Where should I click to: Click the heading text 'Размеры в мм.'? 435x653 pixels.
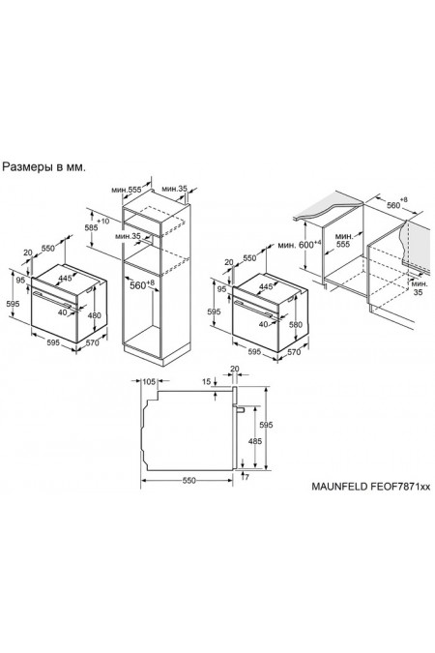[x=44, y=167]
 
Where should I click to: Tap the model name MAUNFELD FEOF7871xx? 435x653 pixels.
[x=371, y=487]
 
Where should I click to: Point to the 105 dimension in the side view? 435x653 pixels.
[x=149, y=381]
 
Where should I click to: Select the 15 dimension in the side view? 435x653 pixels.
[x=207, y=381]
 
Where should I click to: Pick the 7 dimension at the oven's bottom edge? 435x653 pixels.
[x=246, y=477]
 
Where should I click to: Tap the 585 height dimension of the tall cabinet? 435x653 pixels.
[x=91, y=227]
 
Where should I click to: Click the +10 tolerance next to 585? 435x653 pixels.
[x=102, y=221]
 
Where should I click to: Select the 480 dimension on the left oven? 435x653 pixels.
[x=94, y=315]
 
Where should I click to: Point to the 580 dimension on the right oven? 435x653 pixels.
[x=295, y=323]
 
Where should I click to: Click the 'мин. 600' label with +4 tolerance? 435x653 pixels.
[x=300, y=244]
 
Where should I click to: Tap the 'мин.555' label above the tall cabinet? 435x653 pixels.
[x=127, y=190]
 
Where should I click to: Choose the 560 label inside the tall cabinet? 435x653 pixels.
[x=138, y=285]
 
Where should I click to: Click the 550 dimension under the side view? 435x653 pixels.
[x=188, y=480]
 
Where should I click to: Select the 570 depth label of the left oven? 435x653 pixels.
[x=93, y=342]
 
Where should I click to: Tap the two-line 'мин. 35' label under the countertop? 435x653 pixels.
[x=419, y=287]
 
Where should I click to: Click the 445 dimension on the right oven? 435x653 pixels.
[x=266, y=286]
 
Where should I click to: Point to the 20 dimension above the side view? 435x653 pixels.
[x=235, y=369]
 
